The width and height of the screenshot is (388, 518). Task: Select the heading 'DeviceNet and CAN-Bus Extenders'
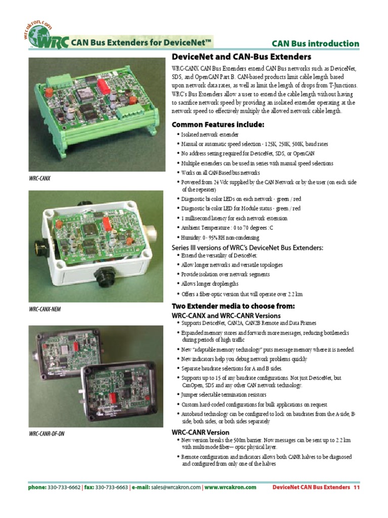pyautogui.click(x=241, y=57)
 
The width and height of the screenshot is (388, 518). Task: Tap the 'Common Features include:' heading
pyautogui.click(x=218, y=124)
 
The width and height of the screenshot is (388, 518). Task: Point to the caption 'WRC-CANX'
pyautogui.click(x=40, y=179)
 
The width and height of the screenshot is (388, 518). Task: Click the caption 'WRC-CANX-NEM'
pyautogui.click(x=45, y=309)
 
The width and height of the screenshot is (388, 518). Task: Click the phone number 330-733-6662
pyautogui.click(x=64, y=488)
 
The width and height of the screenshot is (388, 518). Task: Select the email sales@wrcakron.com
pyautogui.click(x=176, y=488)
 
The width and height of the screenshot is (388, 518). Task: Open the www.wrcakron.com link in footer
pyautogui.click(x=231, y=488)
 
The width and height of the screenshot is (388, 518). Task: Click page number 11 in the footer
pyautogui.click(x=356, y=488)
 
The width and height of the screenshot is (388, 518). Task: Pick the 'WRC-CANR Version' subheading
pyautogui.click(x=201, y=433)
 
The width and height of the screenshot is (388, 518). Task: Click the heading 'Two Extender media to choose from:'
pyautogui.click(x=233, y=307)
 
